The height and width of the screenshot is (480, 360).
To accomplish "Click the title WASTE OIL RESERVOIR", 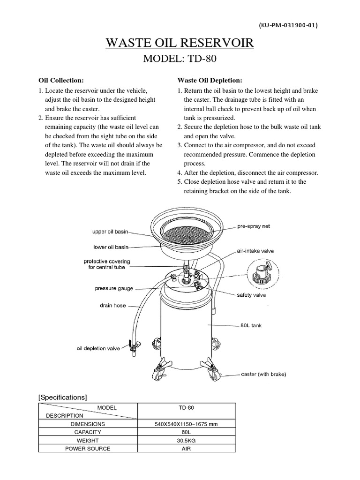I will [180, 44].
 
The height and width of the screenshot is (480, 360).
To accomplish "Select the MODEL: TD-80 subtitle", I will [180, 60].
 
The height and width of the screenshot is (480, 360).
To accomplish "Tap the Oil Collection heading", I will [61, 80].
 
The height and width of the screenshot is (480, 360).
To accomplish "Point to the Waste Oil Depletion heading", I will [210, 80].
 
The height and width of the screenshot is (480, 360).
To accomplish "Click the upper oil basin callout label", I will [110, 232].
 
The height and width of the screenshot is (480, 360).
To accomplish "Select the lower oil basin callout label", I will [111, 246].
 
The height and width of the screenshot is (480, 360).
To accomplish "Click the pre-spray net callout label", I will [253, 226].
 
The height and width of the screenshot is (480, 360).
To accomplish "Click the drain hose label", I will [112, 306].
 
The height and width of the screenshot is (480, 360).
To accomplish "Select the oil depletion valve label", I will [98, 348].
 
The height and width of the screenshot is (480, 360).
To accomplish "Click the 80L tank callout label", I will [251, 325].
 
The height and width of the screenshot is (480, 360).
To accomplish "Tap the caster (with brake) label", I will [263, 374].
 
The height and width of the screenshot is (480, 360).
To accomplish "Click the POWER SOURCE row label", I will [88, 449].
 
